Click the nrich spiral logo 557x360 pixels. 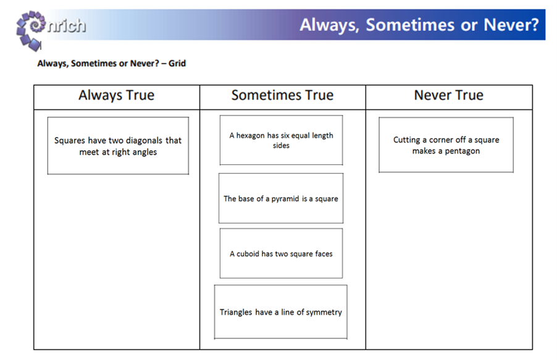click(30, 30)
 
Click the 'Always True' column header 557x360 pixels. click(117, 95)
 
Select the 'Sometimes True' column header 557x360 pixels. click(282, 95)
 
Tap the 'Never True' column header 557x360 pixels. click(449, 95)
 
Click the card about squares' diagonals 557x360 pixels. click(118, 146)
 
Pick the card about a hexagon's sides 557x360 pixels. click(281, 140)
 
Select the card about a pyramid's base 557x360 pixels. click(281, 198)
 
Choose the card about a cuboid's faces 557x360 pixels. click(281, 253)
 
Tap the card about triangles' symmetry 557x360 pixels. click(280, 312)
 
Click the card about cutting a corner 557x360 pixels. click(446, 145)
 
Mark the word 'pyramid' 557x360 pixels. click(285, 199)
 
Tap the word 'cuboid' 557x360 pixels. click(248, 254)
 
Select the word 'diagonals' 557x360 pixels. click(144, 141)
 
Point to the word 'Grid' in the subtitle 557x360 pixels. click(177, 63)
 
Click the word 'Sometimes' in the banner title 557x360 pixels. click(410, 25)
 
